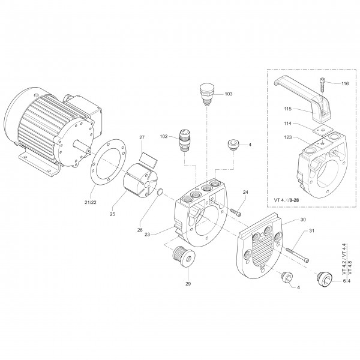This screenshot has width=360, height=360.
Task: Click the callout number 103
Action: click(229, 94)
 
